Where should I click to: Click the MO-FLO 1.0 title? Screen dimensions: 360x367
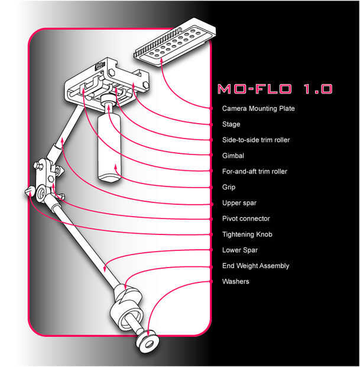275,89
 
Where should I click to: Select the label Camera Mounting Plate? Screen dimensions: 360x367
258,108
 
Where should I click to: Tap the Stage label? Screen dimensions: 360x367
231,124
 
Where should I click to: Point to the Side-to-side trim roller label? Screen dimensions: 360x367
256,140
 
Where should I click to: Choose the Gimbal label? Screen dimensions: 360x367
233,156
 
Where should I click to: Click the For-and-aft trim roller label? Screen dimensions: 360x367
255,171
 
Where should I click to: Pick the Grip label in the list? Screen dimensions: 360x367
229,187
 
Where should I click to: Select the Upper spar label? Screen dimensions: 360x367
239,203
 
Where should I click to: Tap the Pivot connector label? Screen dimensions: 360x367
246,218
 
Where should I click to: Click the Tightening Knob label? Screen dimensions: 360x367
247,234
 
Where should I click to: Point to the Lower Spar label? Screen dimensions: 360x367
240,250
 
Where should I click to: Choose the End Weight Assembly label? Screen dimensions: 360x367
256,266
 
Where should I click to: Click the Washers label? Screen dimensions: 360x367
236,281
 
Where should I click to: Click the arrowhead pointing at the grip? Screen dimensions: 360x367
115,167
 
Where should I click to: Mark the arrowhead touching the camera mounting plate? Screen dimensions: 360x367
161,60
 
